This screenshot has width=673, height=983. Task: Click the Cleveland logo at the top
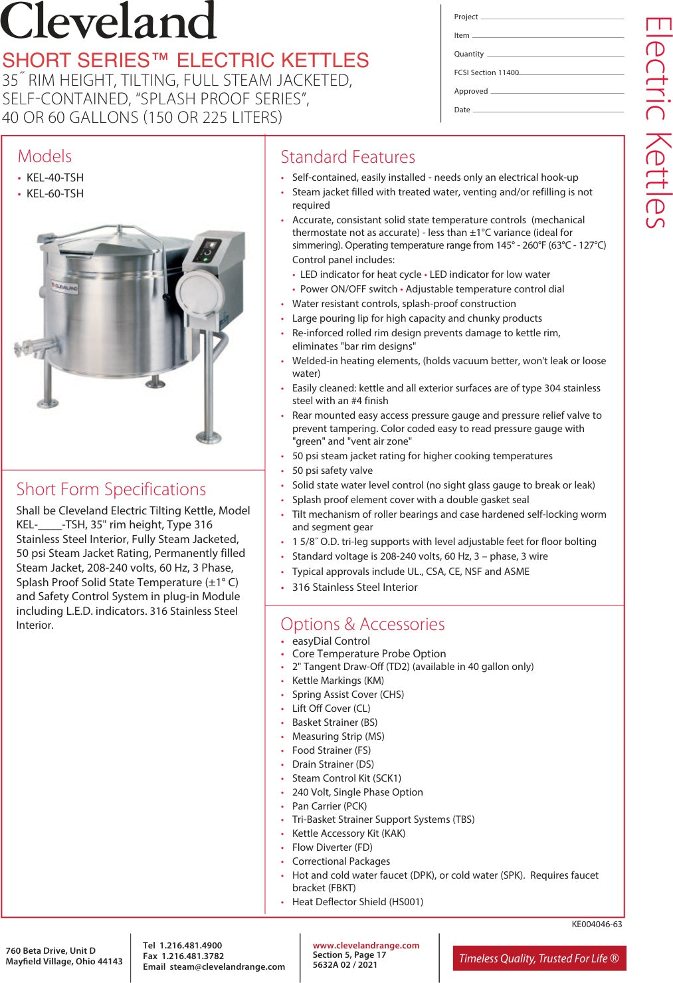point(109,21)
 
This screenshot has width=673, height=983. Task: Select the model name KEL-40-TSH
point(55,177)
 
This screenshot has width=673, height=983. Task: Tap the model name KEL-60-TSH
point(55,193)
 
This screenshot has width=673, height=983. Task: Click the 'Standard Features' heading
point(347,157)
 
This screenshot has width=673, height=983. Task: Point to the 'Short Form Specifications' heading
point(111,489)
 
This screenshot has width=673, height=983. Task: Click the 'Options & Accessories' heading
point(362,624)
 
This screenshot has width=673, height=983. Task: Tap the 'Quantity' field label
point(468,54)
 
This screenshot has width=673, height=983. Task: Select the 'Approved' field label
point(470,91)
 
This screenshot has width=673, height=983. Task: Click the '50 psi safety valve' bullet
point(332,471)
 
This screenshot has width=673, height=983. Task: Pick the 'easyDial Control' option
point(331,641)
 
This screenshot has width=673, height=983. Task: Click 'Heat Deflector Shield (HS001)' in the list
point(357,902)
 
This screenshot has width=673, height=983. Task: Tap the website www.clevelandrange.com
point(366,945)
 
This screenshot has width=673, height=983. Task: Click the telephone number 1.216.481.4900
point(191,945)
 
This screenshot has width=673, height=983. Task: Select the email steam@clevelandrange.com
point(227,966)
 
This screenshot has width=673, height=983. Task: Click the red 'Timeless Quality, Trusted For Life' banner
point(539,958)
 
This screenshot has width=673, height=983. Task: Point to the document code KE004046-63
point(597,924)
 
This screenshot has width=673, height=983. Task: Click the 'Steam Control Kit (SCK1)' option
point(346,778)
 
